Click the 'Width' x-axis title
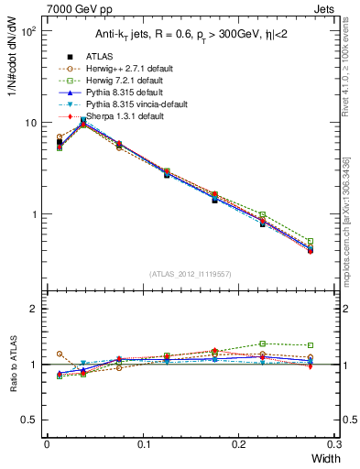[324, 459]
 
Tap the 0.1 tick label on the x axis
[144, 444]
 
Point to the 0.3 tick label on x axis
[334, 444]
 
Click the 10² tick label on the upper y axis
[29, 31]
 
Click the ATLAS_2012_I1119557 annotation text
[190, 274]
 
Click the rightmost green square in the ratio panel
[310, 345]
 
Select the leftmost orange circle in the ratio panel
[60, 354]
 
